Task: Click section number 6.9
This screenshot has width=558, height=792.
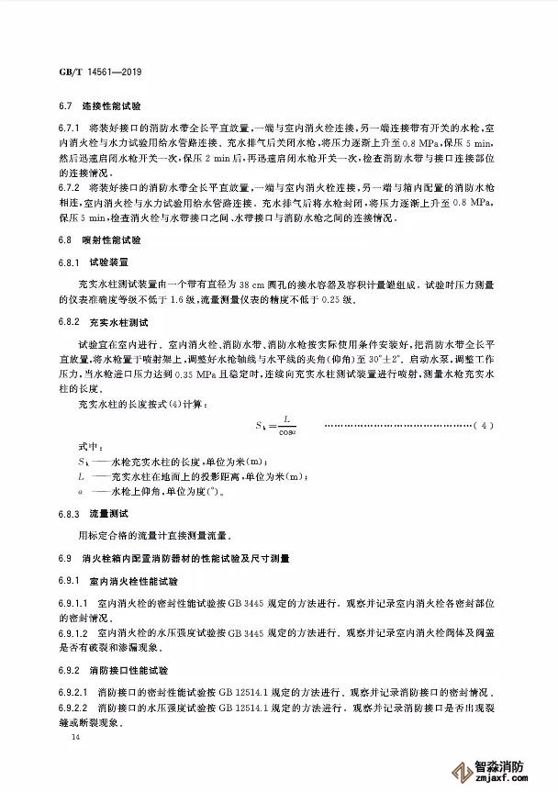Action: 63,558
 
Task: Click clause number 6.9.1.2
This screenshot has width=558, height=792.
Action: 75,633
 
